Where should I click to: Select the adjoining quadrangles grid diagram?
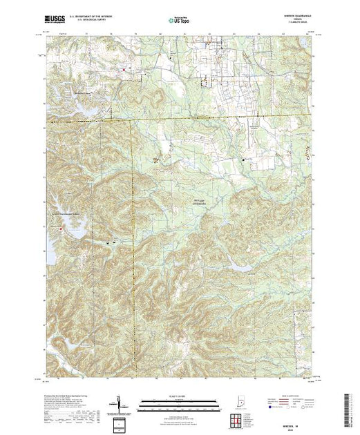click(238, 408)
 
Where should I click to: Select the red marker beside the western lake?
click(60, 228)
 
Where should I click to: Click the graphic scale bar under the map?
click(172, 401)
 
